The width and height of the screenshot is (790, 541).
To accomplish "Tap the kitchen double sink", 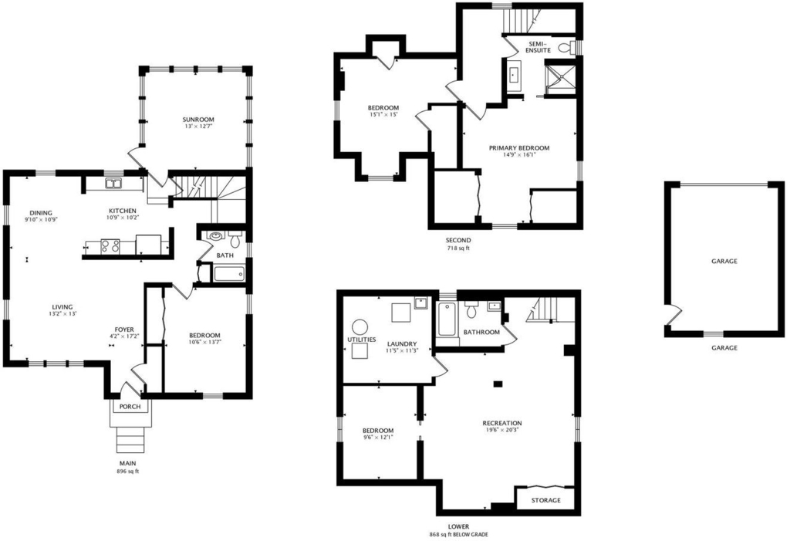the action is click(113, 184).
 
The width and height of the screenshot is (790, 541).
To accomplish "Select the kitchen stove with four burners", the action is click(110, 246).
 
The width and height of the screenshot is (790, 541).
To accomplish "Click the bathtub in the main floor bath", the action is click(228, 274).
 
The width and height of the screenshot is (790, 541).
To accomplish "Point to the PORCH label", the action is click(130, 407).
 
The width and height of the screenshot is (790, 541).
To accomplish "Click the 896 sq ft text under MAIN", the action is click(127, 472).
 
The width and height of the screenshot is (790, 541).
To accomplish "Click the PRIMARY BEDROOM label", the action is click(519, 147).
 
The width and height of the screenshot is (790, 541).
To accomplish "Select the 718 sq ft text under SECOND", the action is click(458, 248).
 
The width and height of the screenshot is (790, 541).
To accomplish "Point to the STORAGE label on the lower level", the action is click(545, 500).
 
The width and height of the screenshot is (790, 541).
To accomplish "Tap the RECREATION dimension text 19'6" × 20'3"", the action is click(501, 430).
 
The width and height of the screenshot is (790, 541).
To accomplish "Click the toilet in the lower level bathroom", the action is click(471, 309).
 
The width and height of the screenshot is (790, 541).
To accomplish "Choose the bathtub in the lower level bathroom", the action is click(447, 320).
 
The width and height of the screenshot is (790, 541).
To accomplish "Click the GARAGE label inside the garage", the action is click(724, 261).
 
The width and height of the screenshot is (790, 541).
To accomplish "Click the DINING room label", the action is click(40, 213).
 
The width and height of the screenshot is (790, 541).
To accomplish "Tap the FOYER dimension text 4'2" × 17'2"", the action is click(124, 336).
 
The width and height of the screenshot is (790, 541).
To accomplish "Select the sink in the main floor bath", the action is click(217, 235).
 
